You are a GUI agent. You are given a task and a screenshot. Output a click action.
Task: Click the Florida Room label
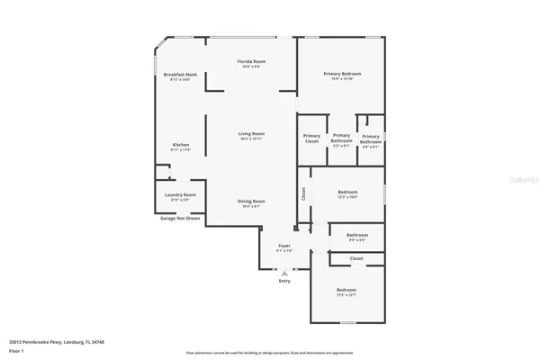pos(251,61)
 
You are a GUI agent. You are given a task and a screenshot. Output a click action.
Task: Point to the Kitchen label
pos(181,144)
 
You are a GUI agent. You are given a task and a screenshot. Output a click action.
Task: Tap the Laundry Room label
pos(180,193)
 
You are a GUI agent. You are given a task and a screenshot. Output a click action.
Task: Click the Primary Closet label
pos(311,139)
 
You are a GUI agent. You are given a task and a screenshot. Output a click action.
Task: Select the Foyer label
pos(283,246)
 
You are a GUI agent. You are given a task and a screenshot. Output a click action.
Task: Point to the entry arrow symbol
pos(284,273)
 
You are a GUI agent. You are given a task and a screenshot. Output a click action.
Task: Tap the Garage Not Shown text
pos(178,218)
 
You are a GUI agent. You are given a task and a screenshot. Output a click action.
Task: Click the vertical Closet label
pos(303,192)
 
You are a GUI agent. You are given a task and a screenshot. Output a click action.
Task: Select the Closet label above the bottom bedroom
pos(356,258)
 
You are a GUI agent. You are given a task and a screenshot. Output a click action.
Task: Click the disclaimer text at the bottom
pos(270,352)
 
